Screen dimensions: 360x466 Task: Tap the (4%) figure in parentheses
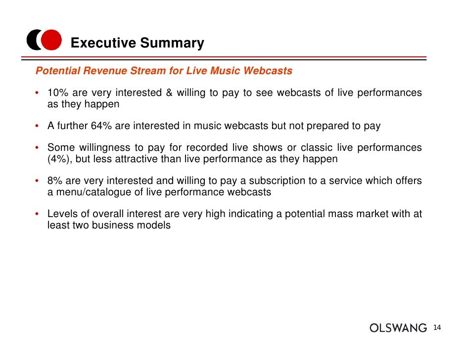click(x=59, y=159)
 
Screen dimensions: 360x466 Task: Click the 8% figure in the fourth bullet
click(x=54, y=180)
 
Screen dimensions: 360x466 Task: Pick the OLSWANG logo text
click(x=398, y=328)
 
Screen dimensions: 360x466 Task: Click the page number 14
click(x=437, y=328)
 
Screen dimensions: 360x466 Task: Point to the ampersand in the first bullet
click(x=166, y=93)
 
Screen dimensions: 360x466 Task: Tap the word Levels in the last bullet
click(x=62, y=214)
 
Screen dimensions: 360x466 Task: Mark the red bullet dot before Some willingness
click(x=38, y=148)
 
